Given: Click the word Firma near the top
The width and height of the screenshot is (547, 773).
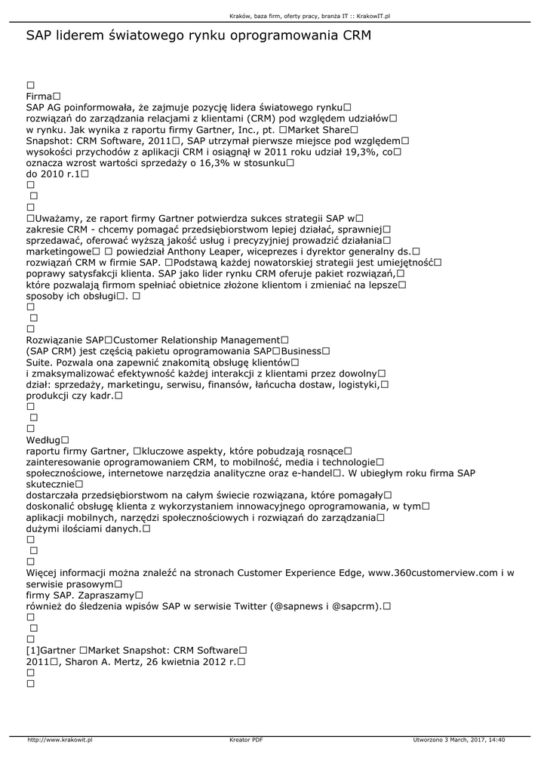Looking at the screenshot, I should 38,97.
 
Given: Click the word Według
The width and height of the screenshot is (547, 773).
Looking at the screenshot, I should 42,439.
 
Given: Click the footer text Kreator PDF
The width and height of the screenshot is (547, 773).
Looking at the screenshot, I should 246,739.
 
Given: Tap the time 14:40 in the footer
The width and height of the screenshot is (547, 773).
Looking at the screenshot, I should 497,739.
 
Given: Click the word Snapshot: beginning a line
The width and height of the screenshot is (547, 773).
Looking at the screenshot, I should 50,140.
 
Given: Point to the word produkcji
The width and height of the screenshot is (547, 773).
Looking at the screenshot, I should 50,396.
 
